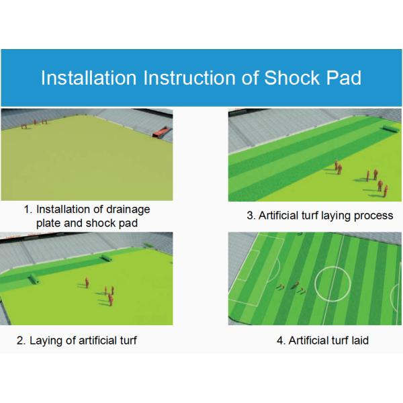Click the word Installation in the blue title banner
click(89, 78)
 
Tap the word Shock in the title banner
click(292, 78)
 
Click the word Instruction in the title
click(189, 78)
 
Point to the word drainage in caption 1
click(128, 210)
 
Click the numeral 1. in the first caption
click(28, 210)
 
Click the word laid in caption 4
click(360, 341)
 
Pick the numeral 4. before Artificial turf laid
click(281, 341)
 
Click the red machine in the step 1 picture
click(162, 132)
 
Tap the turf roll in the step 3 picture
click(392, 129)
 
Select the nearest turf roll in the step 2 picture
click(34, 279)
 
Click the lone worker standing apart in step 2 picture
click(87, 283)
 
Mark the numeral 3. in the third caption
click(251, 216)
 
